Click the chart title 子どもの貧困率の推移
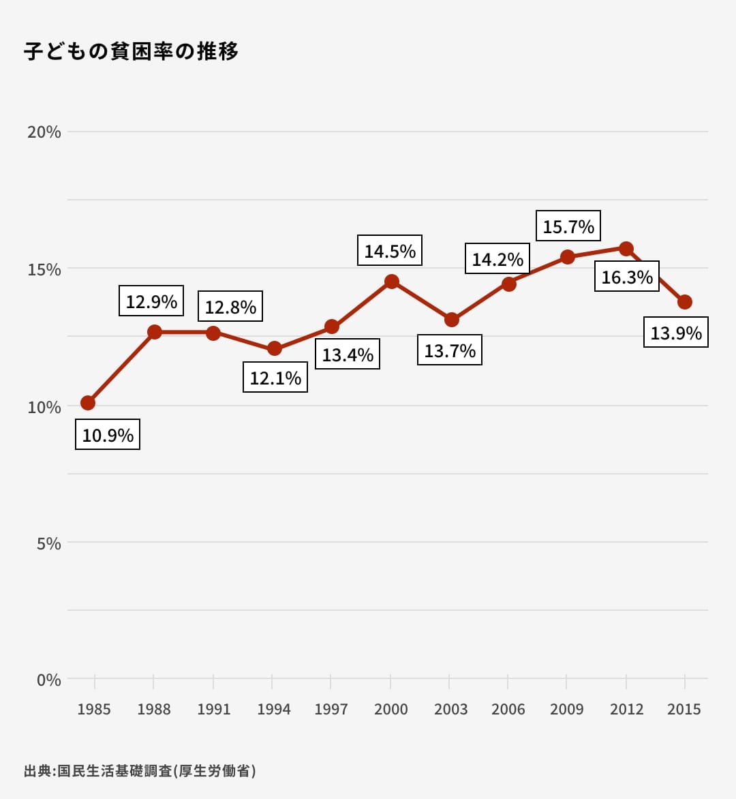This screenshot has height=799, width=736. [x=131, y=51]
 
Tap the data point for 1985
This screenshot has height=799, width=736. [x=88, y=403]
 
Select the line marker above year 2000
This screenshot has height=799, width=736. [x=391, y=282]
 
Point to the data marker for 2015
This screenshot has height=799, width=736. [x=685, y=302]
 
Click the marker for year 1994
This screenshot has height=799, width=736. [x=275, y=348]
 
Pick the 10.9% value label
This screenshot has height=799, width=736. [x=108, y=435]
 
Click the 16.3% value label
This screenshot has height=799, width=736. [x=627, y=277]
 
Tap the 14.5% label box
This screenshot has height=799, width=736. [x=390, y=251]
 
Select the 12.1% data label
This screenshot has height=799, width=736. [x=275, y=378]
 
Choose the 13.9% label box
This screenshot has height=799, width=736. [x=676, y=333]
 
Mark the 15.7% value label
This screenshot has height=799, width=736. [x=568, y=226]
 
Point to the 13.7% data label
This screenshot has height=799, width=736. [x=450, y=350]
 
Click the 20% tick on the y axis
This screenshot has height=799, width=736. [x=44, y=132]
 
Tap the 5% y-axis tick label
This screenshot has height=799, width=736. [x=48, y=543]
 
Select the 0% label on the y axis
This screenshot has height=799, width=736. [x=48, y=680]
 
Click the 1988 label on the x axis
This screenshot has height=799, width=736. [x=154, y=709]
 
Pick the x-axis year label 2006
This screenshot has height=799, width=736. [x=508, y=709]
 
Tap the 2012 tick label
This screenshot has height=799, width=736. [x=627, y=709]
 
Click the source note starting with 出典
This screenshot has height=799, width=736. [x=140, y=771]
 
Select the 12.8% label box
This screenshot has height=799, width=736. [x=230, y=307]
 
